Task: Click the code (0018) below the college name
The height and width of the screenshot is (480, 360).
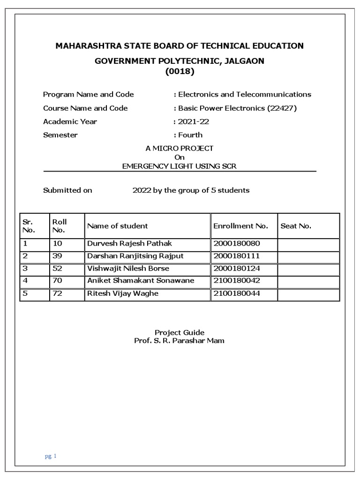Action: (180, 72)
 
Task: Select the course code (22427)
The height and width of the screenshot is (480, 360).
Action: (282, 108)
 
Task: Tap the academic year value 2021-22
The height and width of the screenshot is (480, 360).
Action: (193, 121)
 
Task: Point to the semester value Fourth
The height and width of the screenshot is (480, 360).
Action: (190, 135)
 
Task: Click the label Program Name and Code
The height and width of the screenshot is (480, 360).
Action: (88, 94)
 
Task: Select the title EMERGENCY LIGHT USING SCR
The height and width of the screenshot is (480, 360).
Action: (180, 166)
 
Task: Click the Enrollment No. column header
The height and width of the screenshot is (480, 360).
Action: (240, 226)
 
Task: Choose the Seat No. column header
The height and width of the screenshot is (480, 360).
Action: (296, 226)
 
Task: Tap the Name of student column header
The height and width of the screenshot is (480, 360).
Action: (117, 226)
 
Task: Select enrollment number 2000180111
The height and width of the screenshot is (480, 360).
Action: (236, 256)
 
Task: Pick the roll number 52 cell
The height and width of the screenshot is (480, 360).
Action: (57, 269)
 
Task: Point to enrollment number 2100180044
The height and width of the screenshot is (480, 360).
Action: (236, 293)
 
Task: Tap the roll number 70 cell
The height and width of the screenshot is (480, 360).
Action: (57, 281)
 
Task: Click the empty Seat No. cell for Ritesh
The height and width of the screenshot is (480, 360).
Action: (308, 294)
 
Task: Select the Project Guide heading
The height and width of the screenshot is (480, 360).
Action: (180, 332)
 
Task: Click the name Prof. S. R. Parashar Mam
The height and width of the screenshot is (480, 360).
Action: (180, 341)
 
